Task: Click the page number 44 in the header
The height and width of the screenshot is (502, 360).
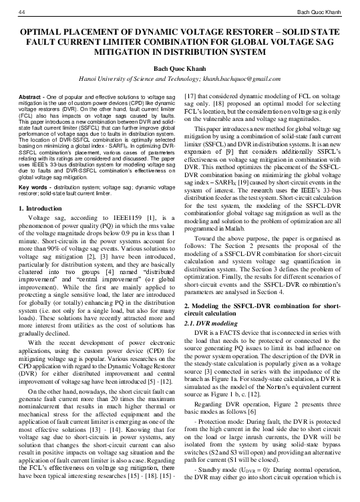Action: tap(23, 12)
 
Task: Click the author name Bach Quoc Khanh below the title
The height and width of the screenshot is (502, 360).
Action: tap(180, 68)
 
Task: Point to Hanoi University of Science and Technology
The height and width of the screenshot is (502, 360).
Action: tap(136, 79)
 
